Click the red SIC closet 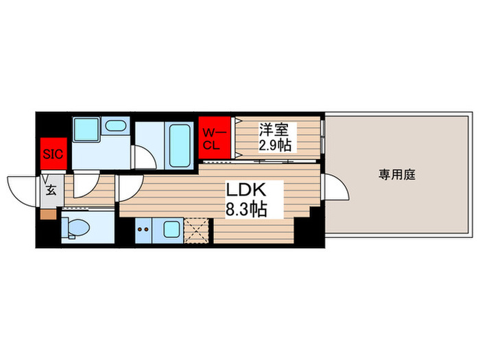53,154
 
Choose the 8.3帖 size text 247,208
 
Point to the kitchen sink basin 171,229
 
